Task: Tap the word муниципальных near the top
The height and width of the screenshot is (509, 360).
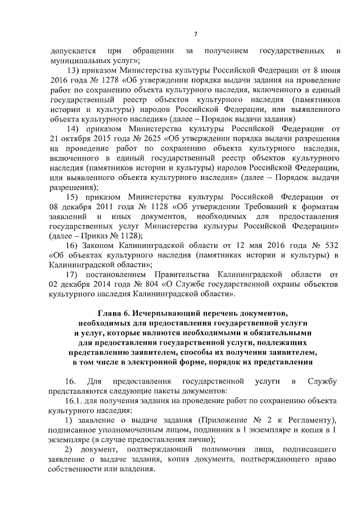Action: click(x=81, y=60)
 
